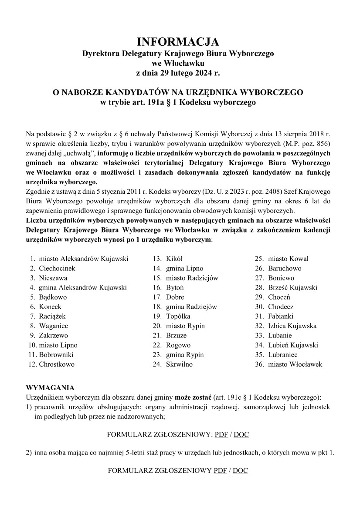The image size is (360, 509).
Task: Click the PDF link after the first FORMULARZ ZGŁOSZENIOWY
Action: (x=221, y=435)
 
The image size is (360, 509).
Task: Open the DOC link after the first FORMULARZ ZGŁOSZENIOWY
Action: (x=241, y=435)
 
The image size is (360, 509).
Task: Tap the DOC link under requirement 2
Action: (x=241, y=471)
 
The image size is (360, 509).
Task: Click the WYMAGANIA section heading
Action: (x=50, y=388)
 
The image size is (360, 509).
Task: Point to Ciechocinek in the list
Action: (x=57, y=268)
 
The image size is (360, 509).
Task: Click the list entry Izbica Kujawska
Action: (x=292, y=326)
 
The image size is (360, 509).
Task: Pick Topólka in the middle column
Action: (x=178, y=316)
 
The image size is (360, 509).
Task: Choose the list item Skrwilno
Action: (x=179, y=364)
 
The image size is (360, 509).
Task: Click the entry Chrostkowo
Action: (x=57, y=364)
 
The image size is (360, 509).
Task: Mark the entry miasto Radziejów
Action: (x=192, y=278)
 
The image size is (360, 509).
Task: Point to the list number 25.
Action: (x=260, y=259)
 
